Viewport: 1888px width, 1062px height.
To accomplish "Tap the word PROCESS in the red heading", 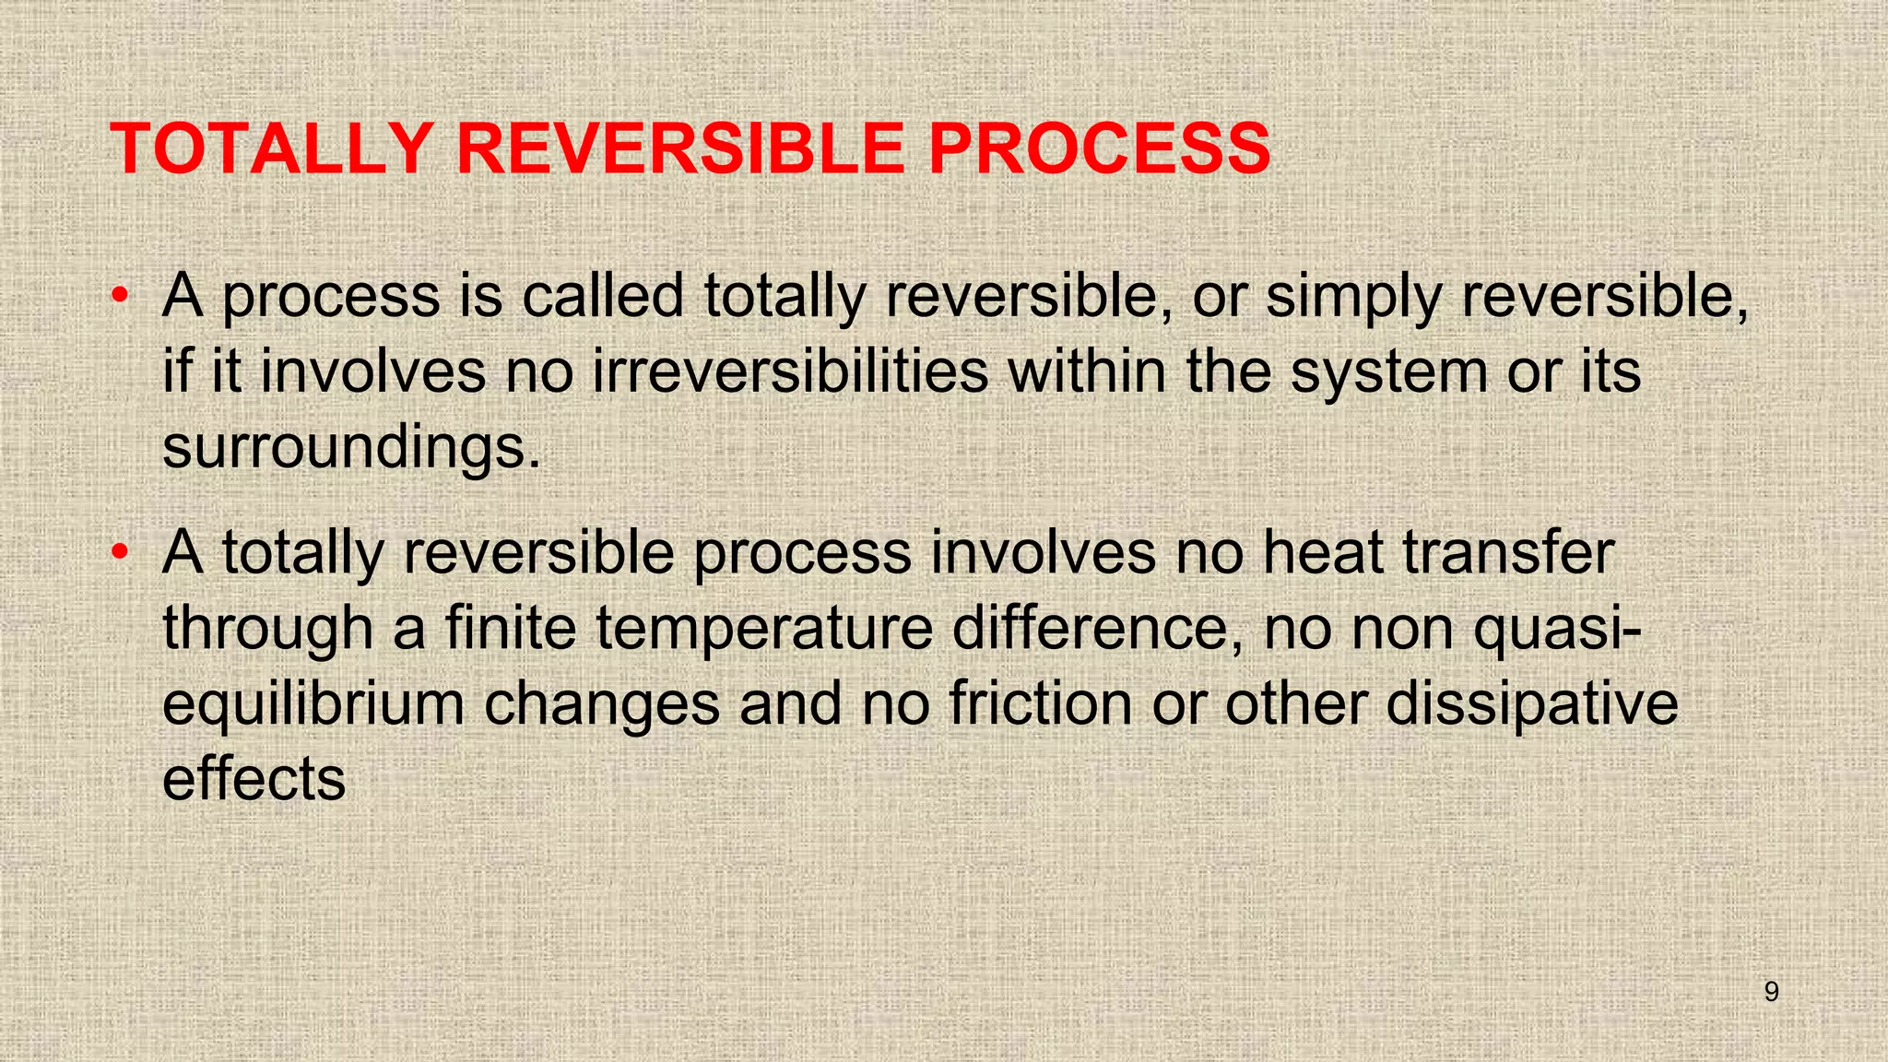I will pos(1099,148).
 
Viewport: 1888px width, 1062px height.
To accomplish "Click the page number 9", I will pos(1771,992).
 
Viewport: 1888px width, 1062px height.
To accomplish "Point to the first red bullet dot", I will pos(119,297).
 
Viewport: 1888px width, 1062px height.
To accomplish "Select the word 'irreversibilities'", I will pos(790,372).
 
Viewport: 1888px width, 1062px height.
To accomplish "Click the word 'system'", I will pos(1388,373).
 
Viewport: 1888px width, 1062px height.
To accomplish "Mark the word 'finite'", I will pos(512,629).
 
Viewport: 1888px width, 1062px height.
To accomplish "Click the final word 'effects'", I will pos(254,780).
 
